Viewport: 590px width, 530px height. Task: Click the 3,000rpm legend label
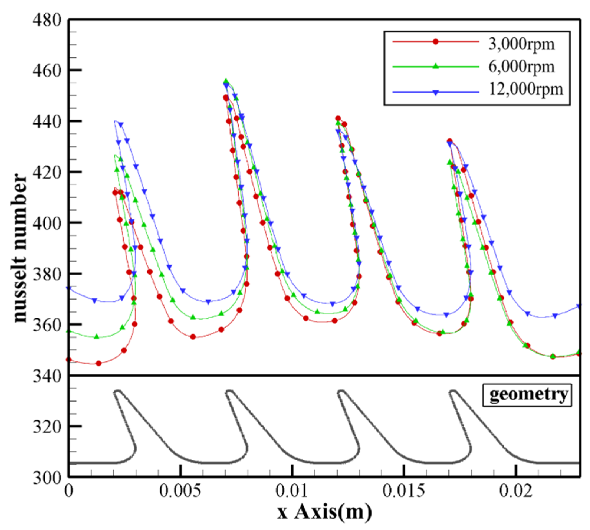[x=521, y=44]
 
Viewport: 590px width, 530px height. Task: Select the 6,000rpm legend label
[x=521, y=67]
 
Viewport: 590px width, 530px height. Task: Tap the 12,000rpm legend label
[x=526, y=89]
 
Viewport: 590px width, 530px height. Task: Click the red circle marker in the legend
[x=435, y=42]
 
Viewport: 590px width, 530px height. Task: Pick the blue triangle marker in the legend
[x=435, y=93]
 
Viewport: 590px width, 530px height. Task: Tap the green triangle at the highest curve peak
[x=226, y=81]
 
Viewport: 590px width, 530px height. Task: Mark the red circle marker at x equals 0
[x=69, y=360]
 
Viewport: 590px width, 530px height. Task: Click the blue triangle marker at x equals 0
[x=69, y=288]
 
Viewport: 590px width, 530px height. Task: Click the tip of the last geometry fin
[x=453, y=391]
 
